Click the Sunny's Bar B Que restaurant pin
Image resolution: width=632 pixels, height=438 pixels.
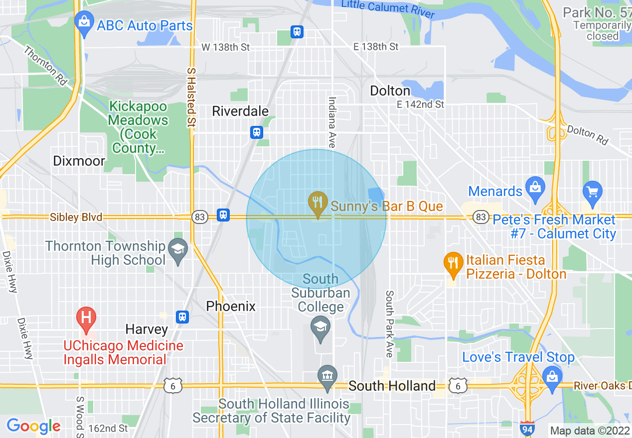(317, 203)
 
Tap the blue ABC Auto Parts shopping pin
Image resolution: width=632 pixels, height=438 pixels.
(84, 23)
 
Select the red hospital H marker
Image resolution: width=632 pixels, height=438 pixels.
(86, 317)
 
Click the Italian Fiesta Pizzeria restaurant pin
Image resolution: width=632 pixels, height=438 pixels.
(453, 262)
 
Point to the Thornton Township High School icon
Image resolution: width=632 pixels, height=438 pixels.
(177, 248)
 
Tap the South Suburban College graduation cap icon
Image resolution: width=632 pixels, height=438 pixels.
(320, 327)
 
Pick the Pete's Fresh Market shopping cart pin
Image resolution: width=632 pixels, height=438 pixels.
(592, 192)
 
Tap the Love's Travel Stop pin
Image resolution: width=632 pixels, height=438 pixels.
(552, 376)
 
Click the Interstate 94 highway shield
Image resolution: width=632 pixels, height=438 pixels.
(527, 428)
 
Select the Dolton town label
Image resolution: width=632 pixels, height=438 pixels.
(390, 91)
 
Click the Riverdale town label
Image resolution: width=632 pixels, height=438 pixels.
(240, 111)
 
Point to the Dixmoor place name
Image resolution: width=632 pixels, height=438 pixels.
(80, 161)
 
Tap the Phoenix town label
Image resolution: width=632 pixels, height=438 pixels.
(231, 306)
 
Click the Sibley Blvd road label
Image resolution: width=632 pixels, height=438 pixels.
(76, 218)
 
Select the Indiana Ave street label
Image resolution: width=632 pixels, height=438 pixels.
(331, 122)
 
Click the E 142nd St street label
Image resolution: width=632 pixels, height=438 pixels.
(420, 105)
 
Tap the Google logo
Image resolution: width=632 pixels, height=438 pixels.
(33, 426)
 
